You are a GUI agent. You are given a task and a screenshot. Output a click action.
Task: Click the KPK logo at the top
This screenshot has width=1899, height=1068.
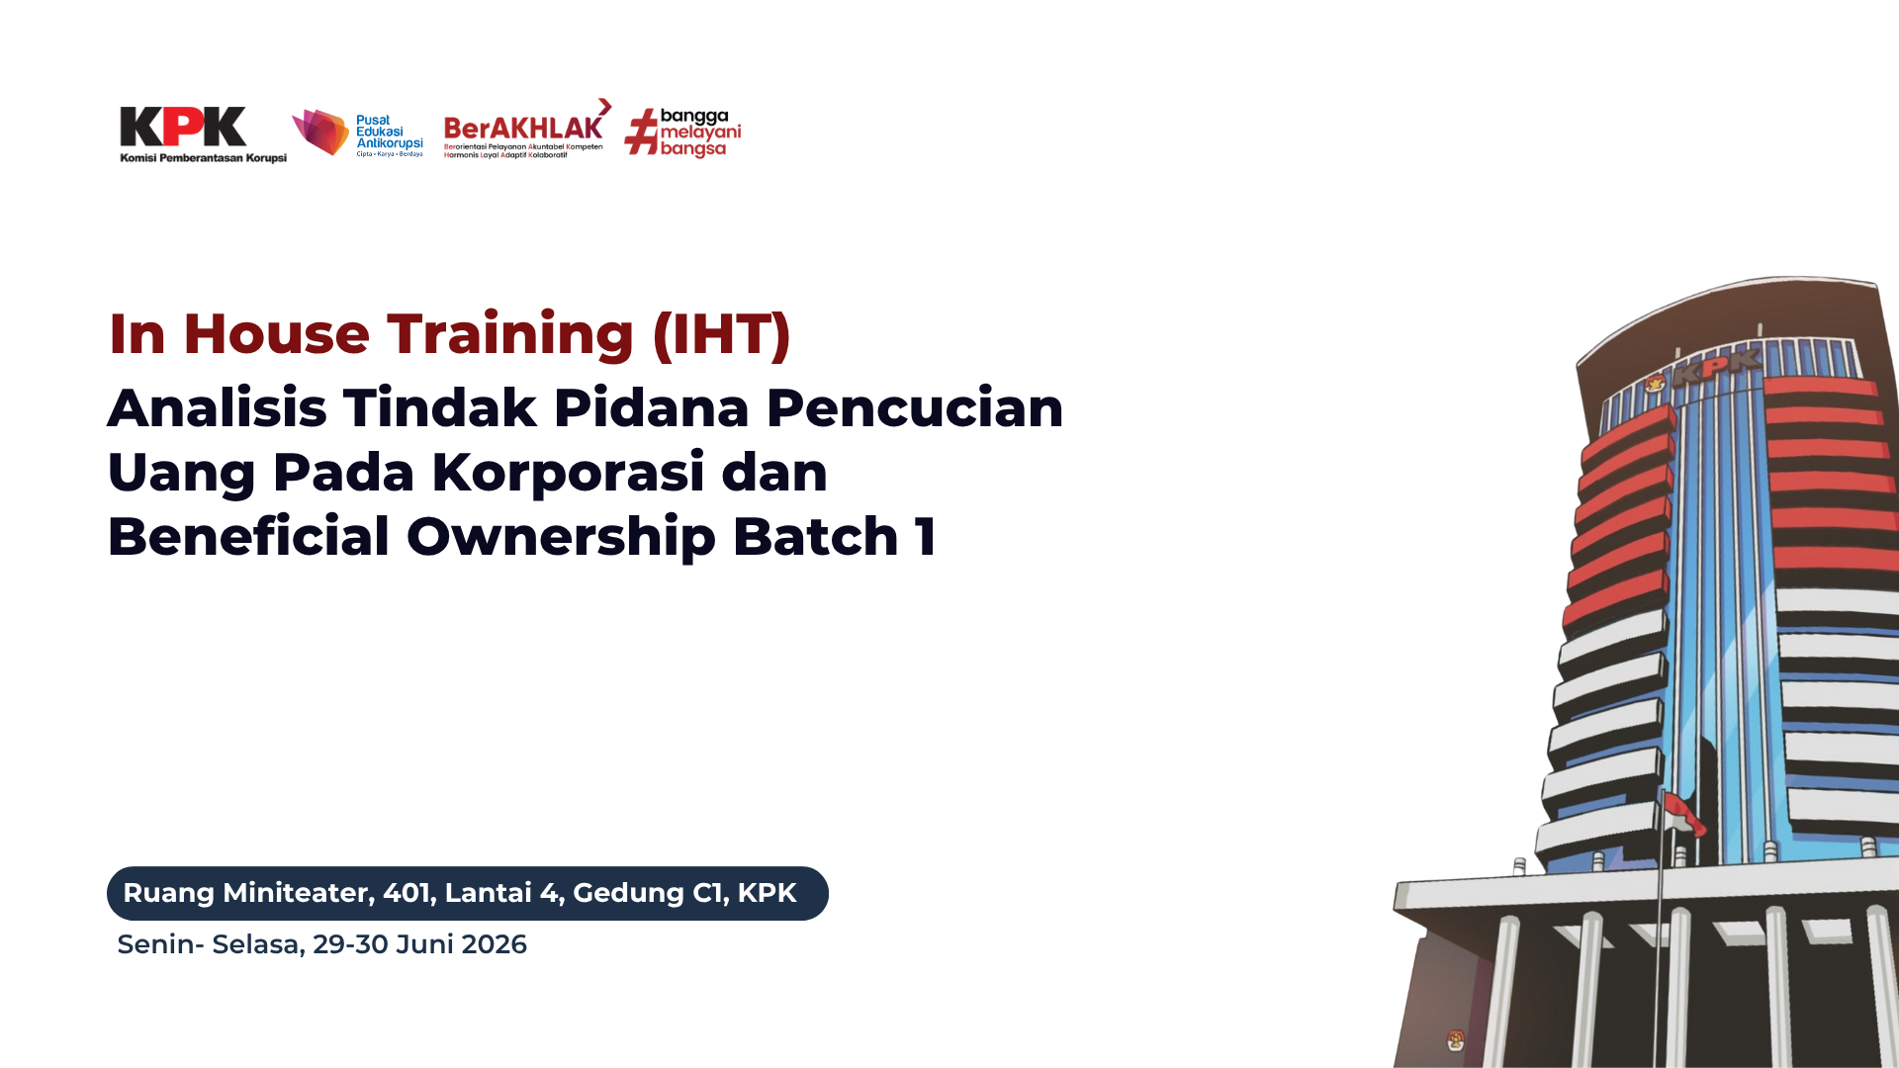coord(203,134)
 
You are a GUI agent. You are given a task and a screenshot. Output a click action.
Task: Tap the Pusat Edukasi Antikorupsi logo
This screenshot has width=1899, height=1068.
coord(358,133)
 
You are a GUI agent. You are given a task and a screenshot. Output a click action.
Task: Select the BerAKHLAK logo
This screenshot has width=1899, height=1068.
coord(527,129)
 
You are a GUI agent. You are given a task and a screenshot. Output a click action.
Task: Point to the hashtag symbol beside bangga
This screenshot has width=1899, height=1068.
coord(642,133)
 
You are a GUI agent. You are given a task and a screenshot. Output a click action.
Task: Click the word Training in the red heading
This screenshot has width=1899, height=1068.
coord(510,335)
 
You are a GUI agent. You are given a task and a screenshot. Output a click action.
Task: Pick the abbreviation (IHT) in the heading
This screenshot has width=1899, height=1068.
coord(722,334)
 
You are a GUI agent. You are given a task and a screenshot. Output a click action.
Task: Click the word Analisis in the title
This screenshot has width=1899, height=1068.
coord(217,407)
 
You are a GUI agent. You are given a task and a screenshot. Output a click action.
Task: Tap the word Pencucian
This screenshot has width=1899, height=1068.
coord(915,407)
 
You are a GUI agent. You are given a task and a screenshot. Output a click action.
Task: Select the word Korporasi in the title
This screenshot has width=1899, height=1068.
coord(568,473)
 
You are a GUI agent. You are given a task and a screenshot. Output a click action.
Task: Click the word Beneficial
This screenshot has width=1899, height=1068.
coord(248,536)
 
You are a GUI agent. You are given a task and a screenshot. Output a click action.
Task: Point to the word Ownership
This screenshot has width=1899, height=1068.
coord(561,538)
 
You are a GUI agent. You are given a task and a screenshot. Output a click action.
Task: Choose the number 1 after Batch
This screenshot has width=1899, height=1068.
coord(926,537)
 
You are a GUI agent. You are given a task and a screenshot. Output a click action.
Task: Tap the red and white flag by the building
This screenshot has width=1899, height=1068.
coord(1683,812)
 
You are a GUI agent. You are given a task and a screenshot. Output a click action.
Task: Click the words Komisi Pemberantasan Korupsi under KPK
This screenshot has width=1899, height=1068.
coord(203,158)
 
